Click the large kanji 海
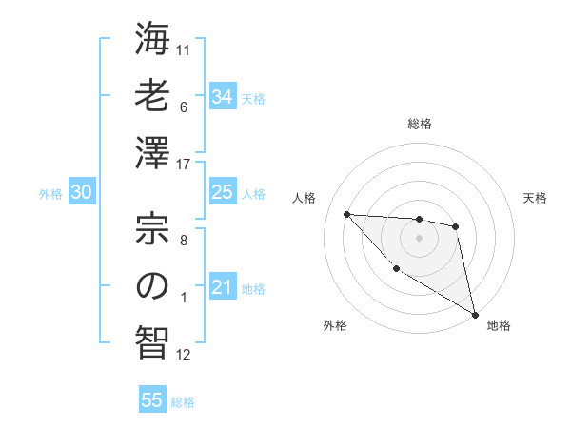click(x=152, y=41)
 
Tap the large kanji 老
click(x=152, y=96)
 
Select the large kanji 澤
click(x=152, y=151)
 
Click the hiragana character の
click(x=152, y=285)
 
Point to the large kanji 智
click(x=152, y=340)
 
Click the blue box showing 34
click(x=222, y=97)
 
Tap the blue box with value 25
click(x=222, y=192)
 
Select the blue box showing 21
click(x=222, y=287)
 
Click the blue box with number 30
click(x=81, y=192)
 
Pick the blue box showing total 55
click(x=152, y=400)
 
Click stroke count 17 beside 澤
click(x=184, y=164)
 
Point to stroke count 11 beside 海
click(x=184, y=49)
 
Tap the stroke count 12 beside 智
click(x=184, y=355)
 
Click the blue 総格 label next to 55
click(x=183, y=402)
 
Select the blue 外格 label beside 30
click(x=50, y=194)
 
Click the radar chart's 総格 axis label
click(x=419, y=124)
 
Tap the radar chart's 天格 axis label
click(x=535, y=198)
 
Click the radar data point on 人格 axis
click(x=346, y=214)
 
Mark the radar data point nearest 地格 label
click(x=476, y=315)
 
